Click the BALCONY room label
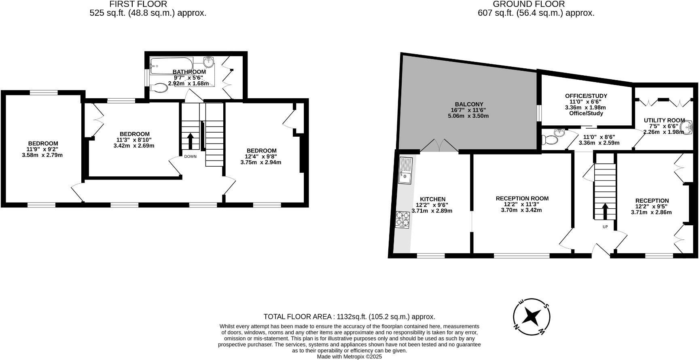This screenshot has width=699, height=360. [x=469, y=104]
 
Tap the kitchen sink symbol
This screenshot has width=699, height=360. [x=405, y=170]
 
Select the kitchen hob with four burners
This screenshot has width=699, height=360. [x=402, y=219]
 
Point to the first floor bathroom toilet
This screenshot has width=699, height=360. [x=159, y=87]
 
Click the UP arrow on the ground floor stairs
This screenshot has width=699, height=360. [x=605, y=211]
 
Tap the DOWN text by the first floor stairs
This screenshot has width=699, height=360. [x=190, y=157]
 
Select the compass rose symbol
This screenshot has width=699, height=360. [x=531, y=317]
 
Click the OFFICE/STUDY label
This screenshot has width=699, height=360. [x=586, y=96]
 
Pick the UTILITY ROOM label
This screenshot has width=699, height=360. [x=664, y=120]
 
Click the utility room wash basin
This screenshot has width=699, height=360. [x=686, y=128]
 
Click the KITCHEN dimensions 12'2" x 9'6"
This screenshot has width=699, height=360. [x=432, y=205]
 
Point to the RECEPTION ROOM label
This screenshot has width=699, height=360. [x=522, y=198]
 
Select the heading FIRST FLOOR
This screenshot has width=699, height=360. [x=138, y=4]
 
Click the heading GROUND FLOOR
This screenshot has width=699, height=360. [x=528, y=4]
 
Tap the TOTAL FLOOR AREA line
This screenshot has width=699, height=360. [x=349, y=317]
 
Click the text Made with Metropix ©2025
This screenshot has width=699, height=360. [x=349, y=357]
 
